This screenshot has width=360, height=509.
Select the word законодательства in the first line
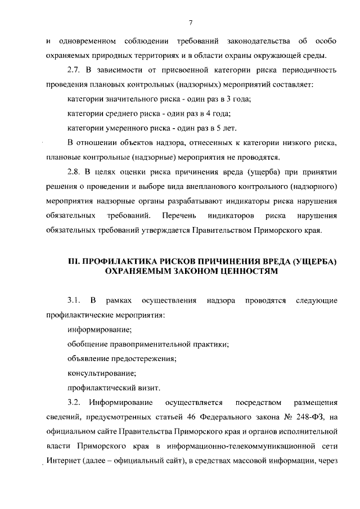pos(258,41)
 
